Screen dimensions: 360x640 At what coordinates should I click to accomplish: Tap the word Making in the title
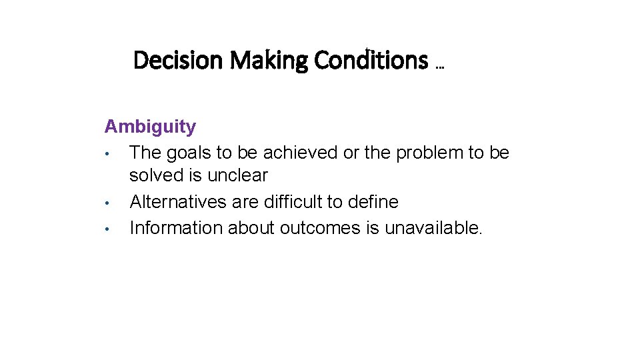pyautogui.click(x=269, y=61)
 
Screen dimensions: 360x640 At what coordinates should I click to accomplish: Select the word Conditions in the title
pyautogui.click(x=371, y=61)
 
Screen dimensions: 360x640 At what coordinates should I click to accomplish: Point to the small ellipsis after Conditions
pyautogui.click(x=439, y=67)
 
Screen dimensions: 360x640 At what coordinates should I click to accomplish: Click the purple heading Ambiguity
pyautogui.click(x=150, y=127)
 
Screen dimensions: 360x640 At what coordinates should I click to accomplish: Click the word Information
pyautogui.click(x=176, y=227)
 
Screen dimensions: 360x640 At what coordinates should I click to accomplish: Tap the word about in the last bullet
pyautogui.click(x=251, y=228)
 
